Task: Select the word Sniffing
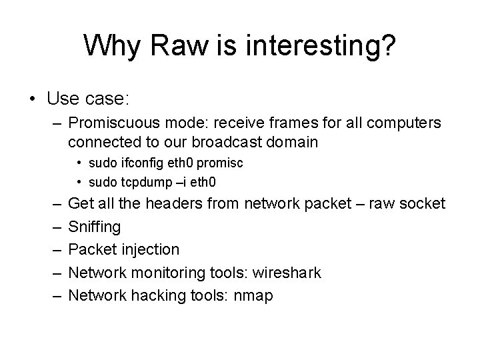[95, 227]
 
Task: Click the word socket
[421, 203]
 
